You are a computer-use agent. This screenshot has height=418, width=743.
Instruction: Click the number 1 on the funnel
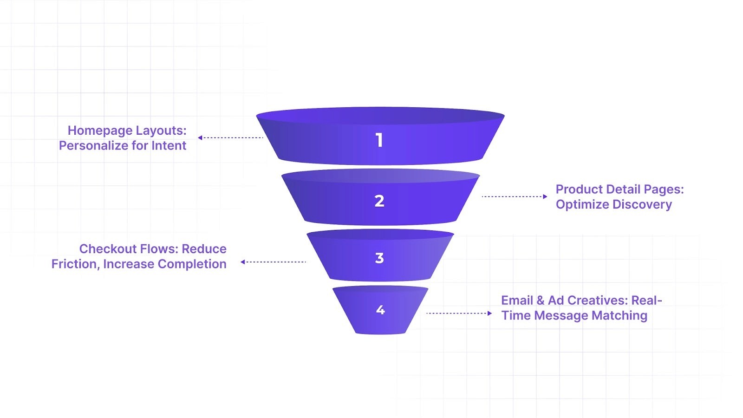[379, 140]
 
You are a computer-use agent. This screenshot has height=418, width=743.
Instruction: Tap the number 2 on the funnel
[379, 201]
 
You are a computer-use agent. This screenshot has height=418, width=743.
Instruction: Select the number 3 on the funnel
[379, 258]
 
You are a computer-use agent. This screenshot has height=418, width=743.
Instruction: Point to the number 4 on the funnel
[380, 310]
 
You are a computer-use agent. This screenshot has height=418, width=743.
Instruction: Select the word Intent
[169, 145]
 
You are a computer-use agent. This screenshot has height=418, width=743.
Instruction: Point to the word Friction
[75, 264]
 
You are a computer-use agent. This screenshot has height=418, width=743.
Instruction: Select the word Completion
[192, 264]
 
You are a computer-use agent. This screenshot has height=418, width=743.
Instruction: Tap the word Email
[516, 300]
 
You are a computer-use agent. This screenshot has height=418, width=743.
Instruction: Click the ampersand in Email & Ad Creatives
[541, 300]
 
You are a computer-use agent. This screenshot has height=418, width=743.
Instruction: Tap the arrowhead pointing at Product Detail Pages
[545, 196]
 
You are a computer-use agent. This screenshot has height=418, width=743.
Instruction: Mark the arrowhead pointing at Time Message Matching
[489, 313]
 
